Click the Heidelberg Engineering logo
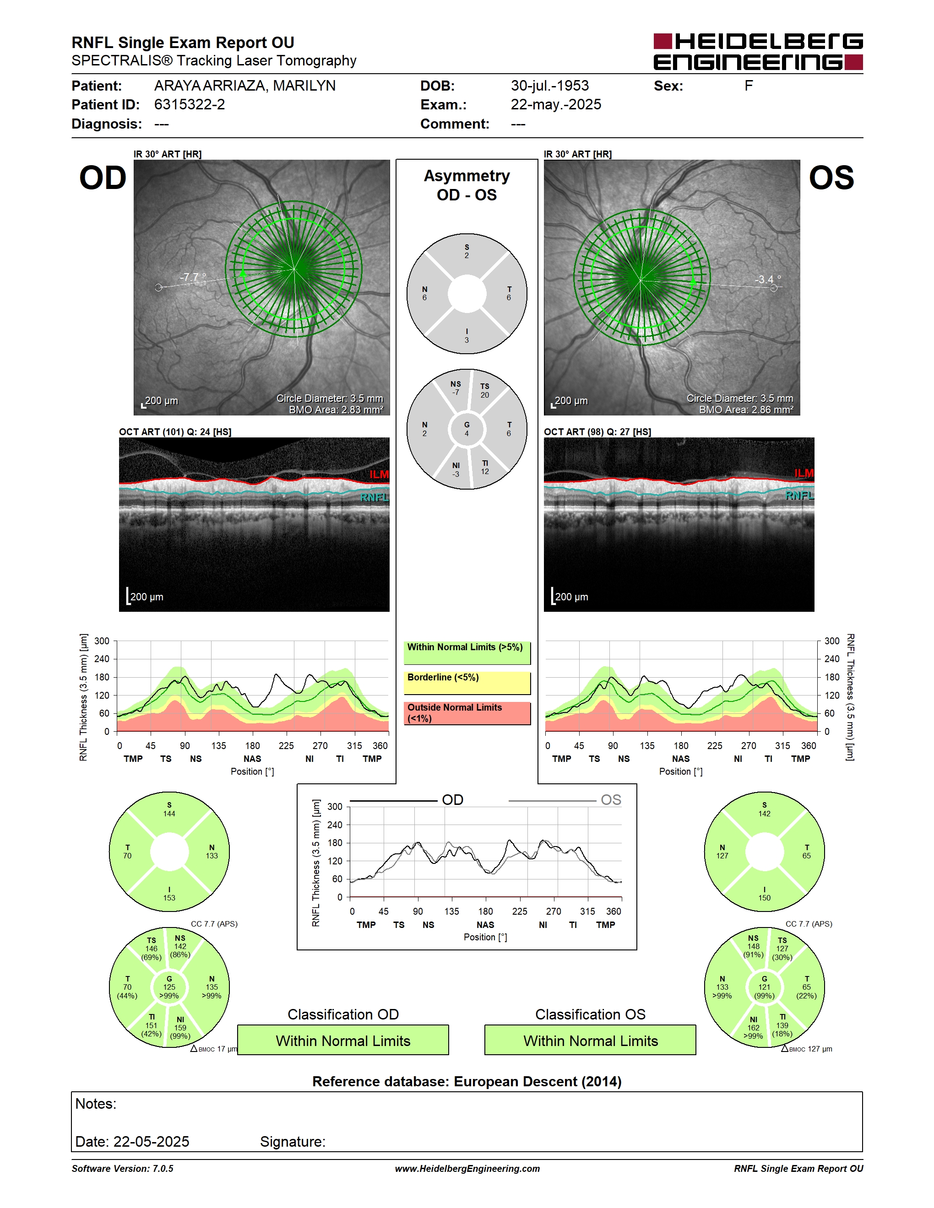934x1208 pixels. click(758, 52)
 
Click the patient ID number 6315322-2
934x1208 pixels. click(189, 104)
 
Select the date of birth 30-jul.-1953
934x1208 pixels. click(549, 86)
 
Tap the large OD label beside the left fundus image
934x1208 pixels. click(103, 178)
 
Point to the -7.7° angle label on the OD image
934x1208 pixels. click(193, 277)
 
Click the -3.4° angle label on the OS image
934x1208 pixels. click(768, 279)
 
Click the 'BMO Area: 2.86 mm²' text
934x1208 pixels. click(745, 410)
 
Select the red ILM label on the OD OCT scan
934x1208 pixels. click(379, 474)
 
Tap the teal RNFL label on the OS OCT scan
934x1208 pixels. click(799, 496)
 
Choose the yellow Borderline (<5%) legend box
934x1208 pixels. click(467, 683)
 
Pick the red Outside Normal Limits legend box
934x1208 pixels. click(467, 713)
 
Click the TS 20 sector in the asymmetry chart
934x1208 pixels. click(485, 390)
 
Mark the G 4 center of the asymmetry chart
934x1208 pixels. click(467, 429)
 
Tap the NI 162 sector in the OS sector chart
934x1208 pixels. click(754, 1027)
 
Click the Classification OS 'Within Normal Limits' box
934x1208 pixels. click(591, 1041)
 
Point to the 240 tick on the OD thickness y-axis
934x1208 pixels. click(102, 659)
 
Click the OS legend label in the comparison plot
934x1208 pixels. click(611, 800)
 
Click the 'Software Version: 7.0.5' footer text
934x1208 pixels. click(122, 1169)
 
